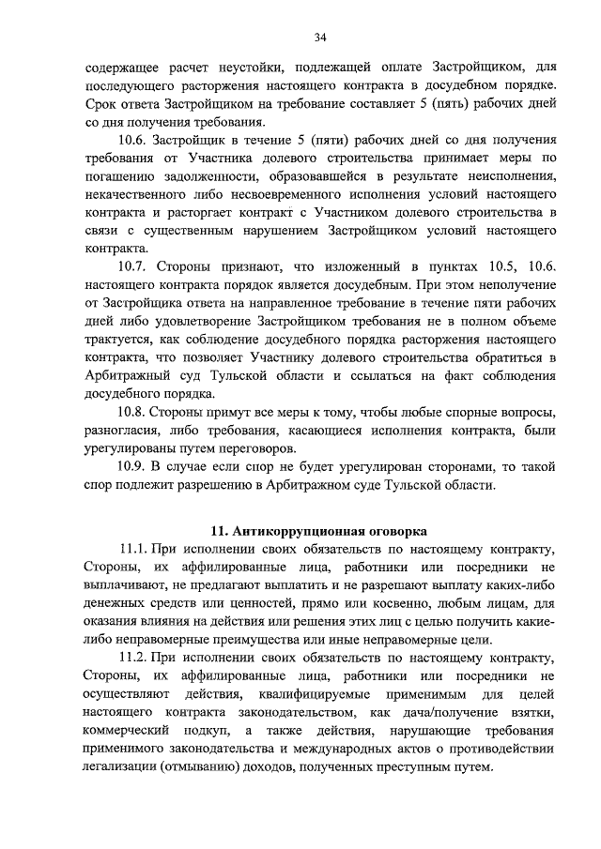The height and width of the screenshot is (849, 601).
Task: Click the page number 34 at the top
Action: tap(320, 38)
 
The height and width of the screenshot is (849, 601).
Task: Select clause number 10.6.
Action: tap(133, 139)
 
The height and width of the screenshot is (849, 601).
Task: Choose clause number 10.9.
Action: tap(133, 466)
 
